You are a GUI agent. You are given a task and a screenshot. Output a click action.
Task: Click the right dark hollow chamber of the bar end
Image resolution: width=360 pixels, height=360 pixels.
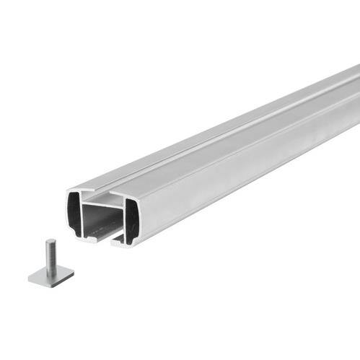coord(131,219)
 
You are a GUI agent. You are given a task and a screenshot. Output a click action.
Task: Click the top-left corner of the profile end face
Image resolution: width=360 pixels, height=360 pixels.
coord(70,192)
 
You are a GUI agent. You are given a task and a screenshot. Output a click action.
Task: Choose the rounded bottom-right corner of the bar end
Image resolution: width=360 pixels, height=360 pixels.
coord(136,242)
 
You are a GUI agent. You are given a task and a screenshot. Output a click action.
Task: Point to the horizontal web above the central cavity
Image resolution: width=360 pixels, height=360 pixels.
coord(101,205)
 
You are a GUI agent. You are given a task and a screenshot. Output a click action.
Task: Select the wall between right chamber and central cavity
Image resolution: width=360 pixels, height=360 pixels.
coord(122,222)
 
